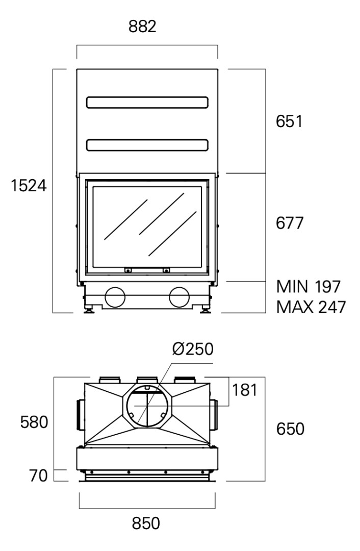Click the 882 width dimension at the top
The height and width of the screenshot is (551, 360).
pyautogui.click(x=142, y=27)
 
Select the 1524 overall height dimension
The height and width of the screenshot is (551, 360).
pyautogui.click(x=29, y=186)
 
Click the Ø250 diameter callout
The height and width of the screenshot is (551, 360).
pyautogui.click(x=193, y=350)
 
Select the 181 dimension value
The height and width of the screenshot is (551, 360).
pyautogui.click(x=244, y=390)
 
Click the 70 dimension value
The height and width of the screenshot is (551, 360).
pyautogui.click(x=38, y=475)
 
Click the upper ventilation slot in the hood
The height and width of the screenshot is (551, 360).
pyautogui.click(x=147, y=102)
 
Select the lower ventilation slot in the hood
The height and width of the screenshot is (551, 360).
pyautogui.click(x=147, y=145)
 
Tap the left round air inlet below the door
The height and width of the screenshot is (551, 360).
pyautogui.click(x=115, y=296)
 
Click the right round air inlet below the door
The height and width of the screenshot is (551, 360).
pyautogui.click(x=179, y=296)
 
